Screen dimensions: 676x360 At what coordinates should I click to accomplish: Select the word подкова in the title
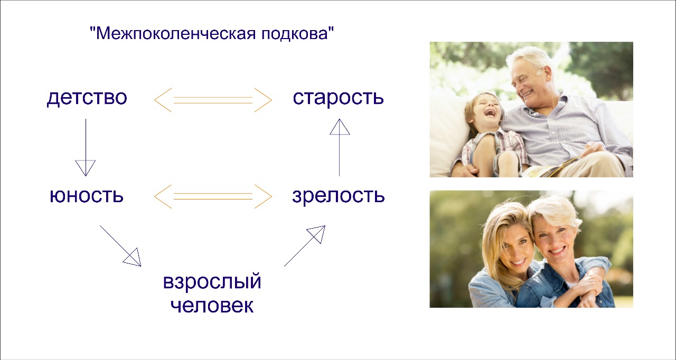coord(295,34)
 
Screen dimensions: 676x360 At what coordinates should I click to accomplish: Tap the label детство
coord(87,98)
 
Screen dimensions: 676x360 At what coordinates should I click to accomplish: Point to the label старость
coord(339,98)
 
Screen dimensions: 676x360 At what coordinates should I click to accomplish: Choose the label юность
coord(87,195)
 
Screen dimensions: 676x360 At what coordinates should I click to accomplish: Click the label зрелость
coord(339,196)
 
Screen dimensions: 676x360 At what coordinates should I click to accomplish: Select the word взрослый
coord(212,281)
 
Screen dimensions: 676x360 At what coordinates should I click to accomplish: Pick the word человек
coord(212,306)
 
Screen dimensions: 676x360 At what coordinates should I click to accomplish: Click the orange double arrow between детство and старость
coord(213,100)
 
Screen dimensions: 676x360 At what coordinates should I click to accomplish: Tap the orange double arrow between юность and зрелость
coord(213,196)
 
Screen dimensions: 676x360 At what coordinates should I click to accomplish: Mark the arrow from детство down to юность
coord(86,147)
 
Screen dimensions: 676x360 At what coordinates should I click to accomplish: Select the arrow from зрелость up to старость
coord(340,147)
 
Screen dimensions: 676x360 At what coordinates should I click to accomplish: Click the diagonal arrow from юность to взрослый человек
coord(120,246)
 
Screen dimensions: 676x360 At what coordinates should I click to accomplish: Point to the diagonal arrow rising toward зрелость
coord(305,246)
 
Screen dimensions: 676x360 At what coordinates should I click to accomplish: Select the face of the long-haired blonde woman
coord(514,251)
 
